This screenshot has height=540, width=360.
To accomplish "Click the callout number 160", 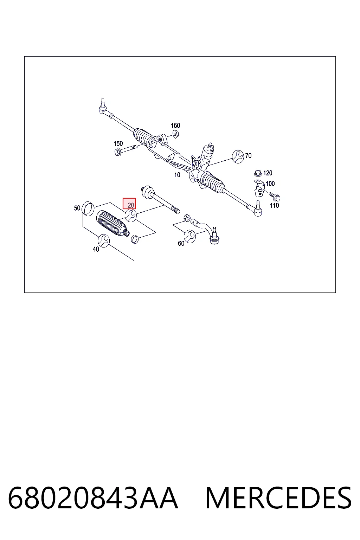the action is (175, 126).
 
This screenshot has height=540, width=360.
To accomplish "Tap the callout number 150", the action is (118, 143).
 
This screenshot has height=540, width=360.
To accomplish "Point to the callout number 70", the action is (248, 156).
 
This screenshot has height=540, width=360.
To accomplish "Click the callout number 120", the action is (268, 173).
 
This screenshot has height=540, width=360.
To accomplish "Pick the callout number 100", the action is (270, 184).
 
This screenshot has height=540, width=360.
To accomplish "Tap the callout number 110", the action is (274, 205).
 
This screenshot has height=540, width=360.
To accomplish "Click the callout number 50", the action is (77, 208).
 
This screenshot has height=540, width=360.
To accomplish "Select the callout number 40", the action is (96, 249).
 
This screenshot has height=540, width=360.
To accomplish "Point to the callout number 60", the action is (181, 244).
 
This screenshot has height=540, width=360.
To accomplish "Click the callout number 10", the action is (177, 175).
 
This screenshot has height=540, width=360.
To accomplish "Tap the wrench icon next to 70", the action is (238, 156).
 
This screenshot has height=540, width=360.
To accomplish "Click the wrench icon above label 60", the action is (190, 236).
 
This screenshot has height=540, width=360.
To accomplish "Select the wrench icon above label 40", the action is (104, 240).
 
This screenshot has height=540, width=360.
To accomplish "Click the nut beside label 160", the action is (176, 134).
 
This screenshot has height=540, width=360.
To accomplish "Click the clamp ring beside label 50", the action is (88, 209).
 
